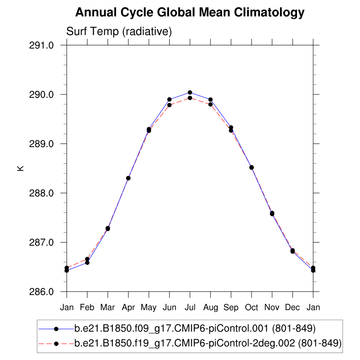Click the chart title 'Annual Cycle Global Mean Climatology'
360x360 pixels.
(x=190, y=13)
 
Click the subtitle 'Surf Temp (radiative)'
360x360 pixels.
(x=119, y=31)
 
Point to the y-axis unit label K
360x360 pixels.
(x=20, y=168)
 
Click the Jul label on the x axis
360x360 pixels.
(x=190, y=307)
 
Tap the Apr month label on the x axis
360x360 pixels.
(x=128, y=307)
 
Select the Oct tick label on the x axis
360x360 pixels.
(x=252, y=307)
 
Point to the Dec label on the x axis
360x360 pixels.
(x=292, y=307)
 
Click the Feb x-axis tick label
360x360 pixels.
(x=87, y=307)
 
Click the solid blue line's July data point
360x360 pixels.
(x=190, y=93)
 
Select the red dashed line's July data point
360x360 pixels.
(x=190, y=98)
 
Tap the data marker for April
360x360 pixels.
(x=128, y=178)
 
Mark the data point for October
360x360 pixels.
(x=252, y=167)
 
